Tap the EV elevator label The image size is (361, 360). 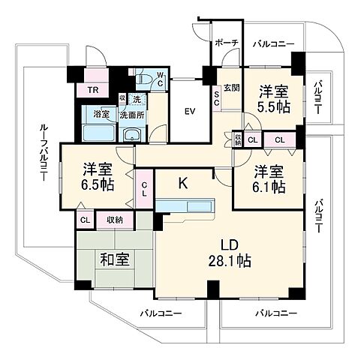tap(191, 112)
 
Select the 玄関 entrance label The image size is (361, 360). tap(231, 88)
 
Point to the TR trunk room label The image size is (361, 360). tap(93, 91)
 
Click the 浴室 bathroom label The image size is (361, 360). tap(102, 114)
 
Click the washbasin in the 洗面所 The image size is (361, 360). tap(133, 136)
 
